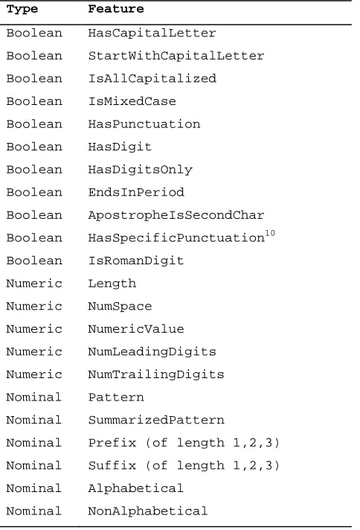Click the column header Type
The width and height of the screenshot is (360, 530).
(x=22, y=9)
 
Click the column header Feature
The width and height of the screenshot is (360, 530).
(x=116, y=9)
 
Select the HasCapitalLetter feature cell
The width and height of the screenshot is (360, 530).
(x=152, y=33)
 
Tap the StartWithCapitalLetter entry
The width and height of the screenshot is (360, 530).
(x=176, y=56)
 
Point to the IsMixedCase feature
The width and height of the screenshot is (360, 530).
(x=132, y=101)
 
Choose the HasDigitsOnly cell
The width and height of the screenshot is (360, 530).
(x=140, y=170)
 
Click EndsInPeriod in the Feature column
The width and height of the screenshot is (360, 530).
(x=136, y=192)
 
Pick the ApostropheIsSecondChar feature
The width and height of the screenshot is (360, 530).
(x=176, y=215)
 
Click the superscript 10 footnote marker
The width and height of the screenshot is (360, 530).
(x=270, y=233)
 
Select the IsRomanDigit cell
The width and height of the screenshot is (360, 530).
(x=136, y=261)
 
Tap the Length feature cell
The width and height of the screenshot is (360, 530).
(x=112, y=284)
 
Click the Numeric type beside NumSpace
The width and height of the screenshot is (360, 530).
(x=34, y=306)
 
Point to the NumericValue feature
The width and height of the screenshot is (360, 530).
(x=136, y=329)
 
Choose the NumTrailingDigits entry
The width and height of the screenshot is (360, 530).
(x=156, y=374)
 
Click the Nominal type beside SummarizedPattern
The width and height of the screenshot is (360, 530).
(x=33, y=420)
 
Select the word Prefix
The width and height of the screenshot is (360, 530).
(x=112, y=443)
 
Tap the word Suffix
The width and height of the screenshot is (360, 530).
(x=112, y=465)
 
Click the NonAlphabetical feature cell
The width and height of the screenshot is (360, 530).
(x=147, y=511)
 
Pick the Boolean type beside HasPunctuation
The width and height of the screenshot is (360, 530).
(x=34, y=124)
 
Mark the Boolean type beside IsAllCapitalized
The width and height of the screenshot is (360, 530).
(x=34, y=79)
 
